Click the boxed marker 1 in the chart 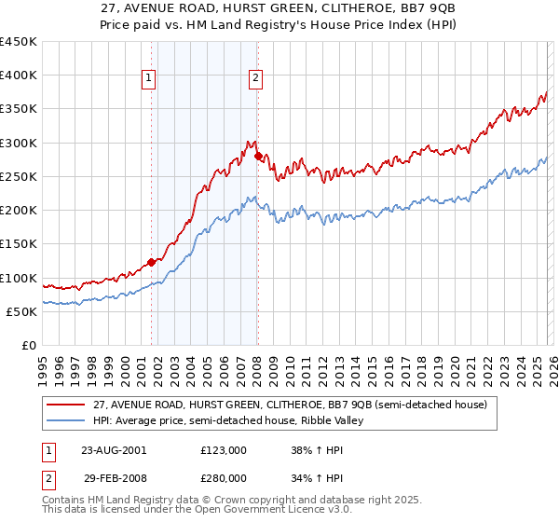coord(149,79)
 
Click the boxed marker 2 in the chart coord(255,79)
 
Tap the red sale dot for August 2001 coord(151,262)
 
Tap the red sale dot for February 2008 coord(258,156)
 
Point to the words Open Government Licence coord(256,512)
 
